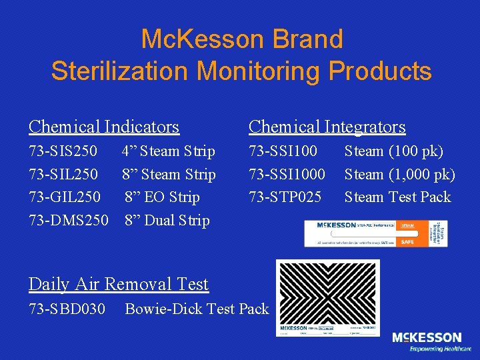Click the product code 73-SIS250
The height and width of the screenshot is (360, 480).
tap(63, 151)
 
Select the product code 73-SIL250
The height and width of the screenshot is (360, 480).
tap(63, 175)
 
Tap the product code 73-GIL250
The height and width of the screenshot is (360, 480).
tap(65, 197)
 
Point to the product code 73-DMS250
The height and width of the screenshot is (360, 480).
tap(68, 220)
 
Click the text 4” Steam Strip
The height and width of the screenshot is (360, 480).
tap(168, 151)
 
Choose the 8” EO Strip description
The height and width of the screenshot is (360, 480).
tap(162, 197)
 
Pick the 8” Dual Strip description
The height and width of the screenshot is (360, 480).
tap(167, 220)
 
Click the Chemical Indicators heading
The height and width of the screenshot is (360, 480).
tap(104, 126)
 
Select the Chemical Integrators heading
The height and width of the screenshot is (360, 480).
tap(327, 126)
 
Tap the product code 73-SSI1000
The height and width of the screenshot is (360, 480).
tap(287, 175)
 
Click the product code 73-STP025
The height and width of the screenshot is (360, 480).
tap(285, 197)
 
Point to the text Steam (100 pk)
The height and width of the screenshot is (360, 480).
tap(393, 151)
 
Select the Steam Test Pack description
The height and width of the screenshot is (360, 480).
tap(397, 197)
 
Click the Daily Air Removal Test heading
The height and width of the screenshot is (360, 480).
tap(119, 284)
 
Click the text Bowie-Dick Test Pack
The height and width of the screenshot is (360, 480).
tap(197, 309)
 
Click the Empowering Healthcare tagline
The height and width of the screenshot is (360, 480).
tap(440, 349)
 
